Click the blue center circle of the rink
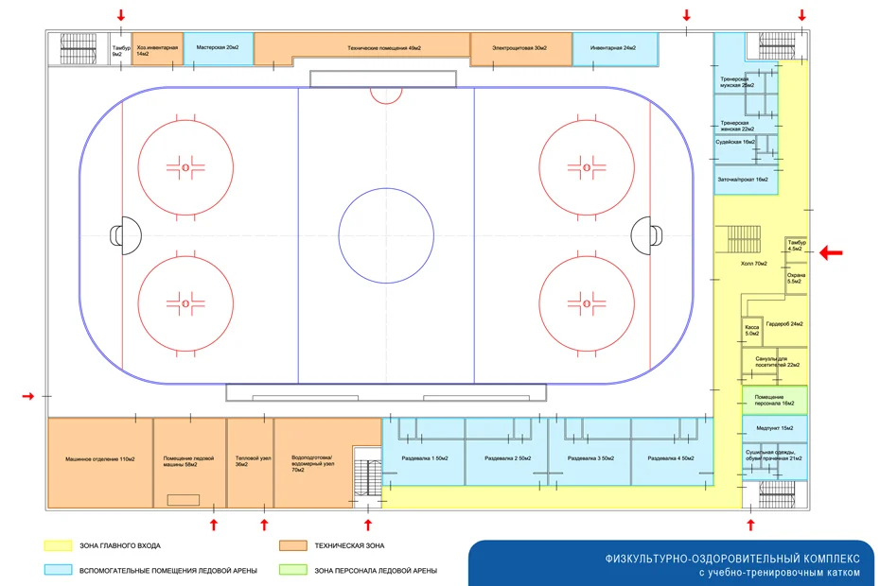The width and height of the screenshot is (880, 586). [386, 234]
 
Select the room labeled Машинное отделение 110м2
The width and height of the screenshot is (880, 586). [100, 462]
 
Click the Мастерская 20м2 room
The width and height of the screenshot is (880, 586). [218, 47]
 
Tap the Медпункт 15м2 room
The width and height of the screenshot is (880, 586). [774, 428]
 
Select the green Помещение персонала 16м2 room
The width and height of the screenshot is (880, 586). [774, 400]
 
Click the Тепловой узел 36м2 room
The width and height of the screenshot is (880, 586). [249, 462]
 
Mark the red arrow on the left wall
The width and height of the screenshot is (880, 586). [28, 396]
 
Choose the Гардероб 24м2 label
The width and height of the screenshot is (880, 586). [784, 323]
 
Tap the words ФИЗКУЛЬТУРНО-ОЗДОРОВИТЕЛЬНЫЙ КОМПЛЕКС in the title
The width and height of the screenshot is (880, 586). [733, 558]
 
